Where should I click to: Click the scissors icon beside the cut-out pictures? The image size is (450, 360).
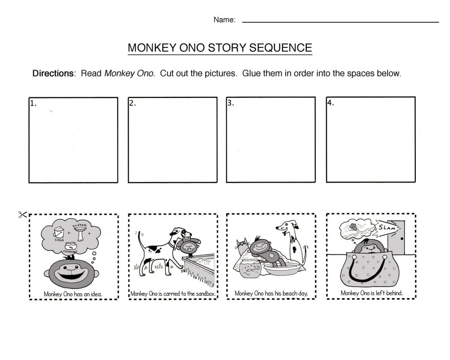point(22,215)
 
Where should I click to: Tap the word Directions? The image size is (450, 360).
point(52,73)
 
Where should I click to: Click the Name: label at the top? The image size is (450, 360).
point(225,19)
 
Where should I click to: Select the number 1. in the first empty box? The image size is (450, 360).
point(33,104)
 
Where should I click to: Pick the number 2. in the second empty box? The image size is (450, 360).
point(133,104)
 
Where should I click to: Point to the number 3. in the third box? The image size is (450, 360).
point(231,104)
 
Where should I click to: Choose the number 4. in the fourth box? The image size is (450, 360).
point(331,104)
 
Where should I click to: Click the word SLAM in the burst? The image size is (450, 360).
point(385,228)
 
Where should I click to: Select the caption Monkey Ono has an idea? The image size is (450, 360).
point(73,293)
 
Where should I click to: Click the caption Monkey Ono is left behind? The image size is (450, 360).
point(371,293)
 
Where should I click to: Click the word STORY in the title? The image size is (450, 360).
point(226,47)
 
